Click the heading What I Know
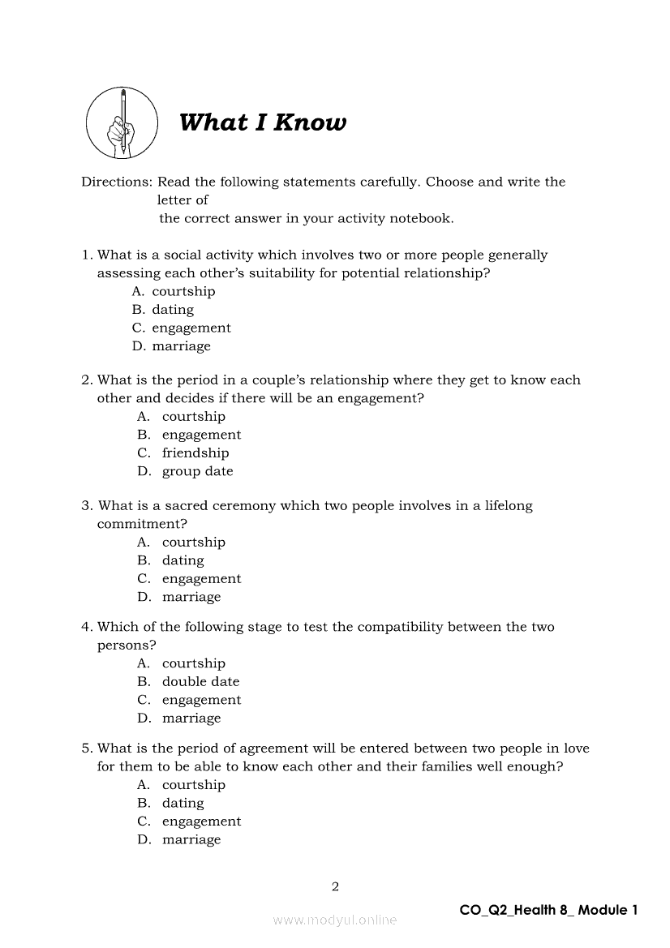point(262,122)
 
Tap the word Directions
point(116,182)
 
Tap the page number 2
point(335,886)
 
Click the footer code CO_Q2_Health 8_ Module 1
point(548,910)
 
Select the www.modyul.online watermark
point(335,920)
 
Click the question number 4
point(85,627)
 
